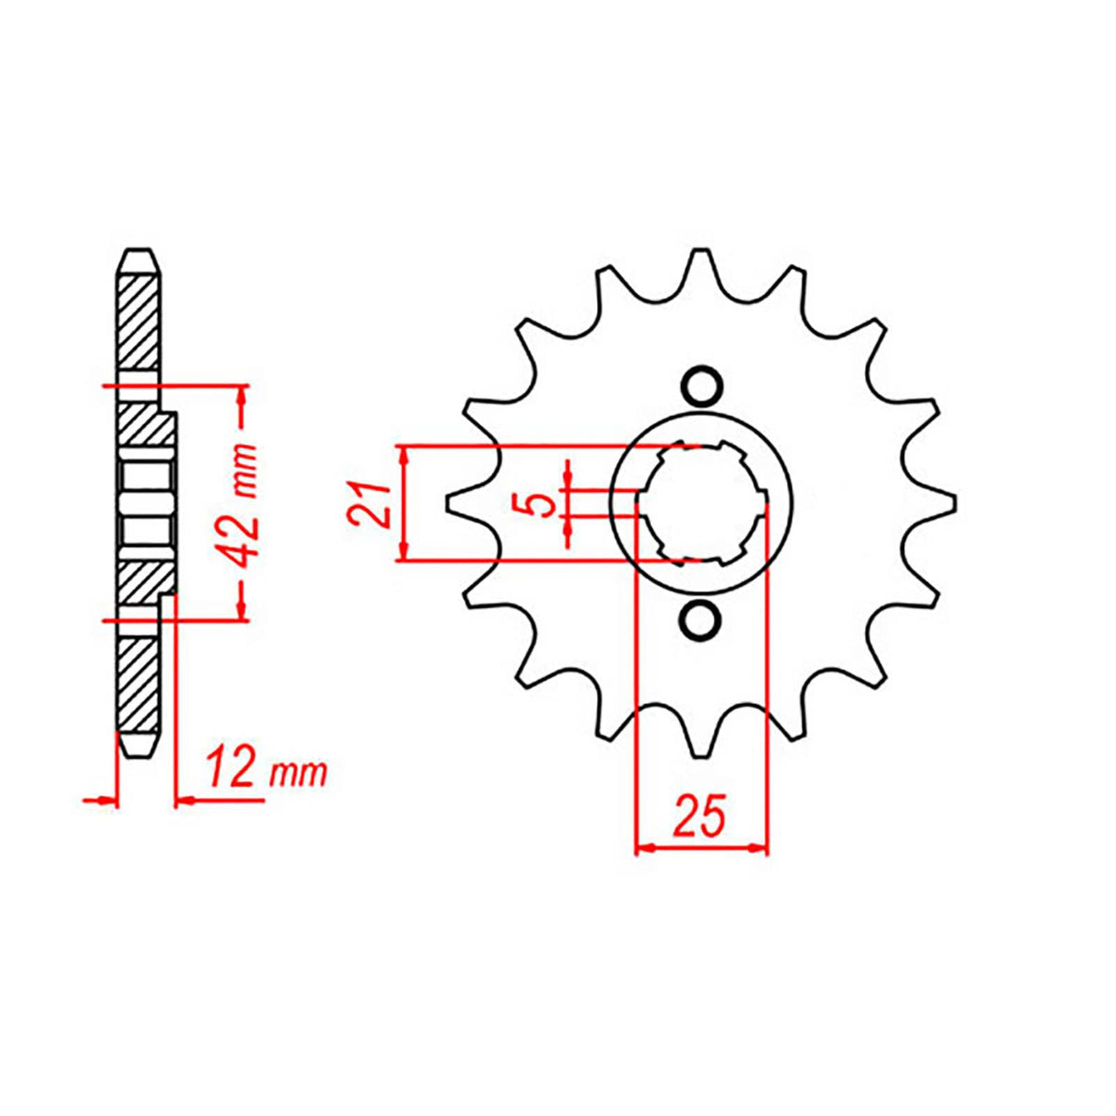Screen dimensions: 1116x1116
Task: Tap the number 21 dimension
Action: click(x=368, y=505)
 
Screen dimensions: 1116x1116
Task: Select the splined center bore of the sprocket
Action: click(x=702, y=503)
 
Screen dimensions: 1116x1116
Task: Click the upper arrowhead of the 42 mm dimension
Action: click(x=244, y=394)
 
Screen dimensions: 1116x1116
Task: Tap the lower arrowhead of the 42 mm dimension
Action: click(x=244, y=609)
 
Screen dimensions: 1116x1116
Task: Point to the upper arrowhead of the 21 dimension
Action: click(x=403, y=455)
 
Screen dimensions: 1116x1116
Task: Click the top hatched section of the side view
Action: click(x=138, y=321)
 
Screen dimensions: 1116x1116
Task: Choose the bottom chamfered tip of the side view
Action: click(x=138, y=749)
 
